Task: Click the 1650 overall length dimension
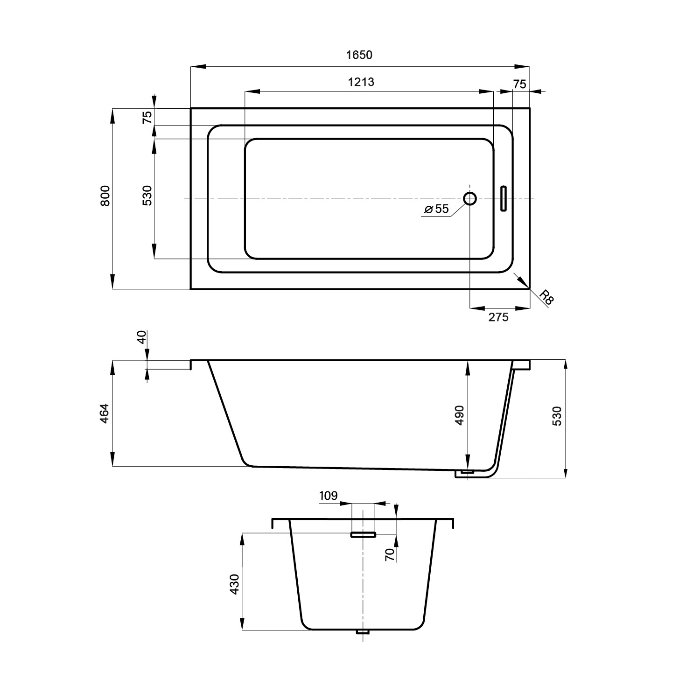359,55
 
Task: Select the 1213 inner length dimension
361,82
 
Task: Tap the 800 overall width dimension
105,196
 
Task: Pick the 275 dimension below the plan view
498,317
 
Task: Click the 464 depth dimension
105,413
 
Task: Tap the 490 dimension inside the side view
460,415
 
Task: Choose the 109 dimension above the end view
329,496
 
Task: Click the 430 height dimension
234,584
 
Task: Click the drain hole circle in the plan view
470,199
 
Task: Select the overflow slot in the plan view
503,199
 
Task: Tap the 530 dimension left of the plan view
147,196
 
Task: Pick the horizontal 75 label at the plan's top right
519,84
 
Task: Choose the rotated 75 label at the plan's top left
147,117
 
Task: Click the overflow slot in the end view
364,535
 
